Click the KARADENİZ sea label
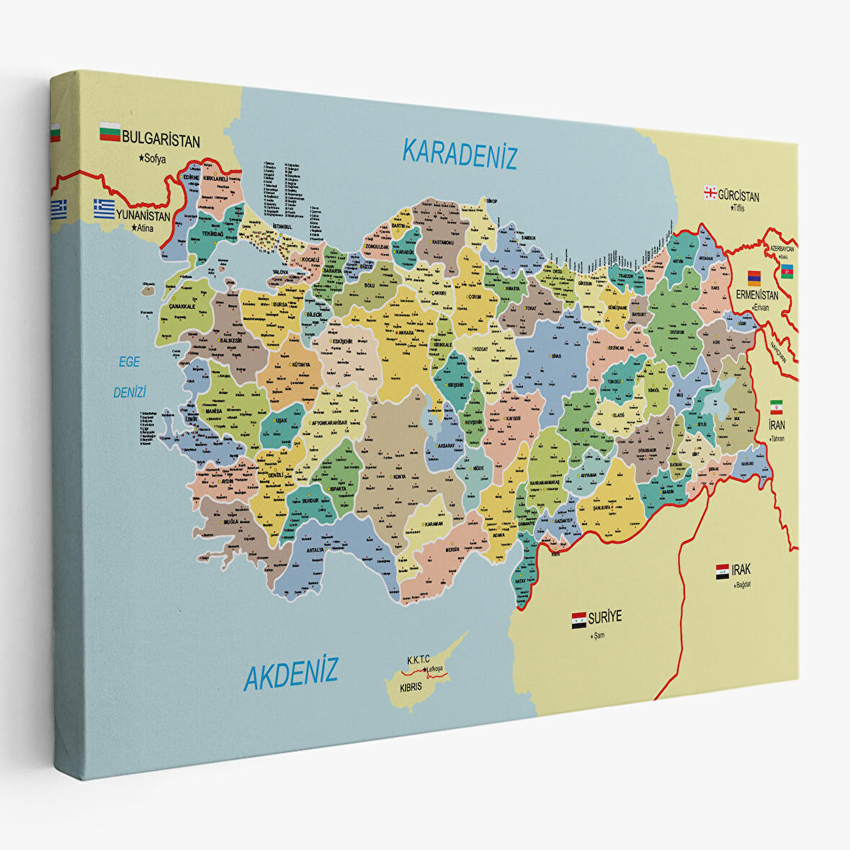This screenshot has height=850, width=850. click(x=460, y=153)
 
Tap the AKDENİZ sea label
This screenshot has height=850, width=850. click(x=290, y=674)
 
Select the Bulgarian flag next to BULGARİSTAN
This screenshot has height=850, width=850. click(x=109, y=131)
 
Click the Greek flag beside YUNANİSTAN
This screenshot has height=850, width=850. click(x=104, y=209)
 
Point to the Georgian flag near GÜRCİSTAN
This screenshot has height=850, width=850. click(x=710, y=192)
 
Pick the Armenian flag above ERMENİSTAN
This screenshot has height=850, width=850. click(x=753, y=278)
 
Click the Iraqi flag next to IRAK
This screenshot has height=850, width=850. click(x=722, y=572)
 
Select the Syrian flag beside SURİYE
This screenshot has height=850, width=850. click(x=578, y=619)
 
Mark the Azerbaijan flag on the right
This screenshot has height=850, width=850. click(x=787, y=271)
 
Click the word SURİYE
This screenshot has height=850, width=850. click(x=604, y=617)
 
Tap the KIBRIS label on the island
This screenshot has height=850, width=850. click(x=411, y=686)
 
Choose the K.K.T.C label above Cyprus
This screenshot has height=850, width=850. click(x=418, y=659)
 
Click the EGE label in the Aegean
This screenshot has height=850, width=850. click(x=130, y=362)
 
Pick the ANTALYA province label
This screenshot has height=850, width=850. click(x=315, y=550)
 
